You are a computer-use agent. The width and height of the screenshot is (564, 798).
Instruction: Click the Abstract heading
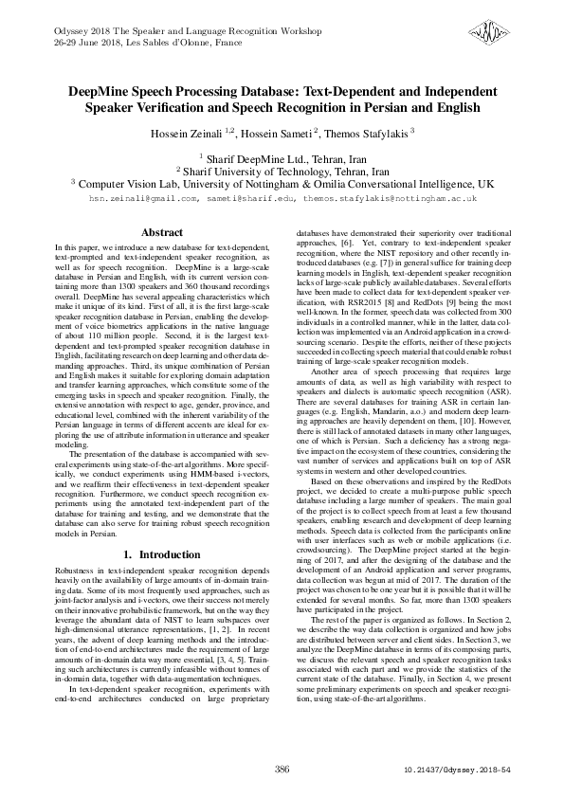(161, 232)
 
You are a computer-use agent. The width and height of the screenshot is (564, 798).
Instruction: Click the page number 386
(282, 768)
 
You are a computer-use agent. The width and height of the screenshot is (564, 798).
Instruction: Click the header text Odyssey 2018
(66, 31)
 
